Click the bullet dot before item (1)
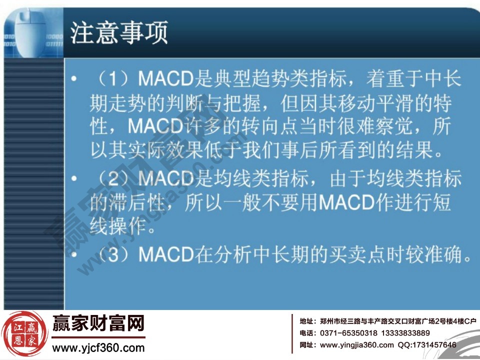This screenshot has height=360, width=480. point(74,80)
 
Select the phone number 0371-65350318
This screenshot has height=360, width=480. point(348,333)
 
